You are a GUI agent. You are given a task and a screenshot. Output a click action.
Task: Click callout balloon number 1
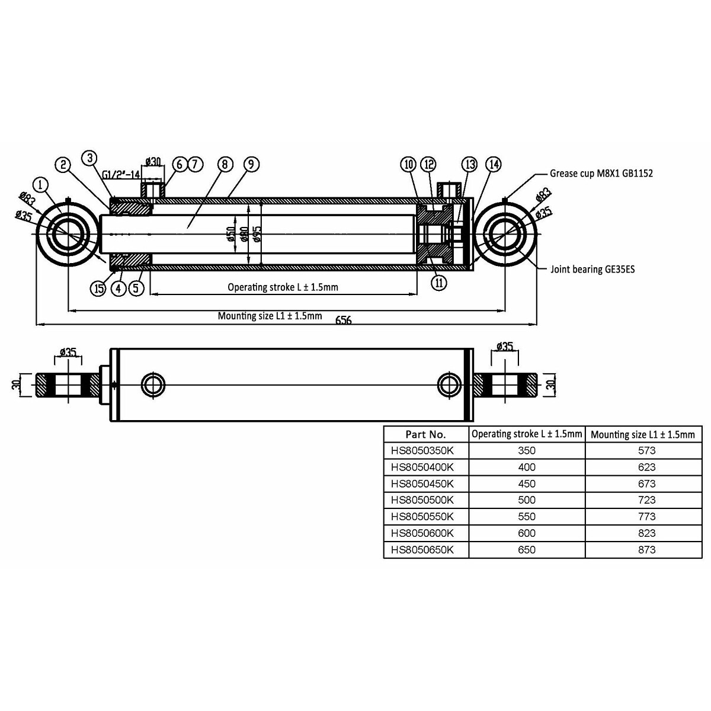coord(40,184)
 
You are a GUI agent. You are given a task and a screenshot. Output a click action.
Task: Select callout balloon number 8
coord(225,164)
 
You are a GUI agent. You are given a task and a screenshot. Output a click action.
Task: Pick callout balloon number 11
coord(438,283)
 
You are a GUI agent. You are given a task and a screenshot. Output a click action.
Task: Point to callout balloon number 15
coord(98,289)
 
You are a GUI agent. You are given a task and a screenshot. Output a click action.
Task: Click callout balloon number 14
coord(493,164)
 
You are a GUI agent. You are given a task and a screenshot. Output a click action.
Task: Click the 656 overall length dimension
coord(344,320)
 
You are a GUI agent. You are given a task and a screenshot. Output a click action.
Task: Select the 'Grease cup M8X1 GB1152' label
coord(601,174)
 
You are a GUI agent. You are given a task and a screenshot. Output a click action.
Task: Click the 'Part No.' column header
coord(425,434)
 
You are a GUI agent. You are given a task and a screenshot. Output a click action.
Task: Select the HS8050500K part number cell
coord(422,500)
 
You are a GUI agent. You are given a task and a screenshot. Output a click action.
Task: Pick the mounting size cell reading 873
coord(647,550)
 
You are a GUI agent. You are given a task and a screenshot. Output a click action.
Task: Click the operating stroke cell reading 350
coord(526,451)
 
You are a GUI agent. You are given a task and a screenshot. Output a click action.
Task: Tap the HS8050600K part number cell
coord(422,533)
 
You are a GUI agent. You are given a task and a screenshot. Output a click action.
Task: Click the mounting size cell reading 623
coord(647,467)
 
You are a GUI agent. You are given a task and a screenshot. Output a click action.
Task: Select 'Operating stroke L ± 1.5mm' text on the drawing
coord(283,287)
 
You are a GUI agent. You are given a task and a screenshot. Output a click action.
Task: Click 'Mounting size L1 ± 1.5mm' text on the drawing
coord(270,316)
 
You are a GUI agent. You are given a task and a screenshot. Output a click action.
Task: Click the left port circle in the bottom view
coord(153,385)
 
